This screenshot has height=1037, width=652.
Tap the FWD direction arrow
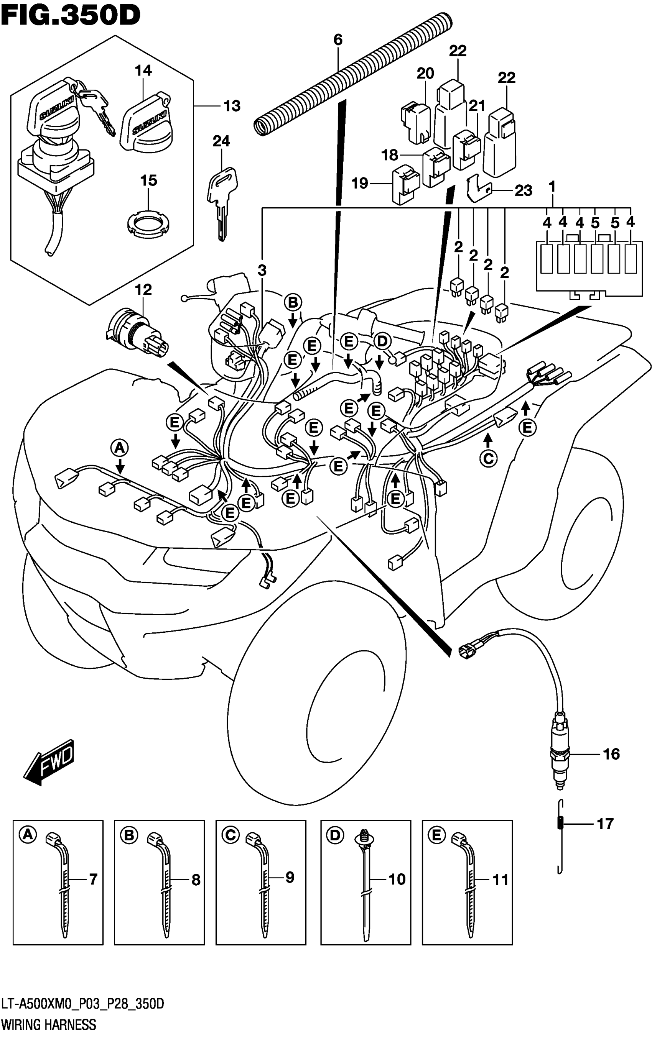[x=49, y=762]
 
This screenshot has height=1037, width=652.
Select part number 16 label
[x=611, y=754]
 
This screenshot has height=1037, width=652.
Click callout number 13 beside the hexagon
[x=232, y=105]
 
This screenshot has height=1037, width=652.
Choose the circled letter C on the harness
[x=488, y=459]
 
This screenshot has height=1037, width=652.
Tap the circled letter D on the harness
[x=382, y=341]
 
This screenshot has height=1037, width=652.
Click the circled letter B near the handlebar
[x=293, y=303]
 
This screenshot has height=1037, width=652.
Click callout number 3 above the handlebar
[x=262, y=271]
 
